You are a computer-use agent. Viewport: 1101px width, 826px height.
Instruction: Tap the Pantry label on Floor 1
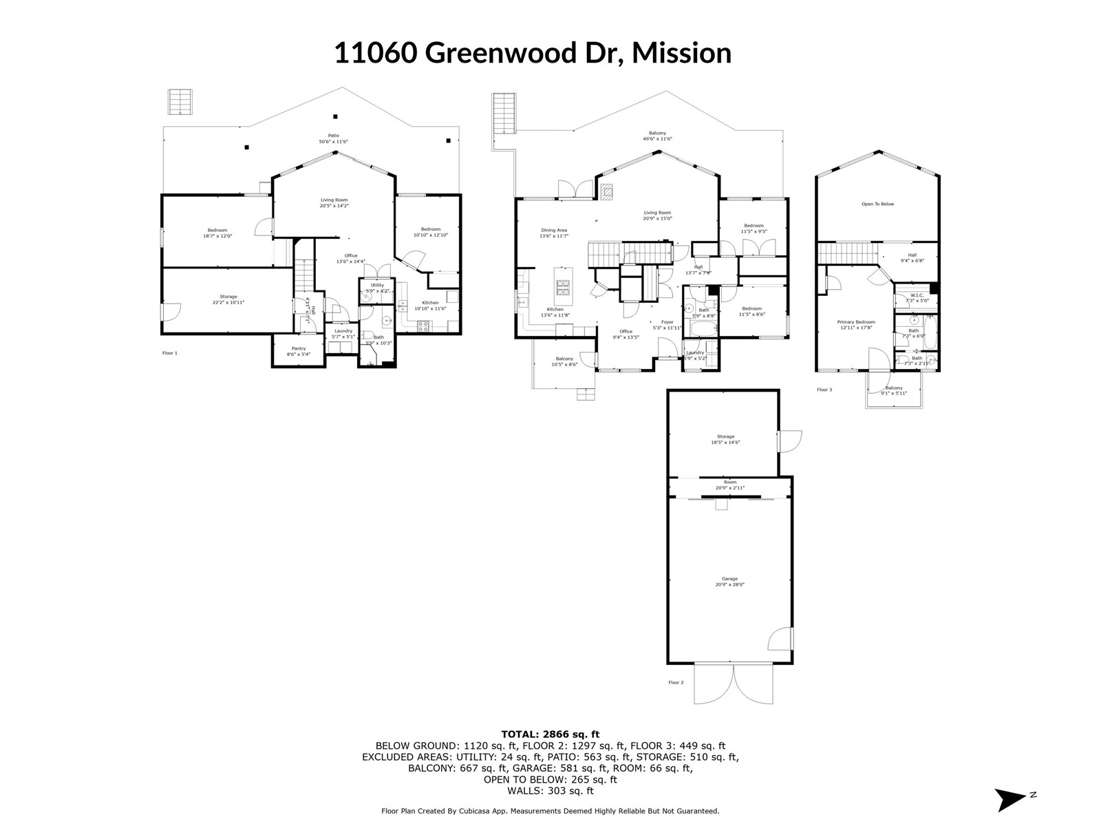coord(298,351)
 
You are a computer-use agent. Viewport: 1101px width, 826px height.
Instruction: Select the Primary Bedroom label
coord(855,325)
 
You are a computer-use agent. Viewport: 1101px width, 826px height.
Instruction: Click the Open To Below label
coord(877,204)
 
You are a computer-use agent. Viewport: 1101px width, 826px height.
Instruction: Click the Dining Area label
coord(553,233)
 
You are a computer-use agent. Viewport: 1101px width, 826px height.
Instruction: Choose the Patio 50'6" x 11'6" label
coord(333,138)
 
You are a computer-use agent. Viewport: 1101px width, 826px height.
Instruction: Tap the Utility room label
coord(377,288)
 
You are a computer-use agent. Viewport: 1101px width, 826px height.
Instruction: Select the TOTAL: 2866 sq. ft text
coord(550,734)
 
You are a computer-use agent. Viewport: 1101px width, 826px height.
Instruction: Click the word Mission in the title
coord(681,53)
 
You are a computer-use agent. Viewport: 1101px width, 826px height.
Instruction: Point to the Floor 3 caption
coord(824,390)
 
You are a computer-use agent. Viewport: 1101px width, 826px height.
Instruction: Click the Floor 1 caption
coord(169,353)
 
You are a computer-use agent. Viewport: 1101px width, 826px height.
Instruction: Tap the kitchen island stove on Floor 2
coord(562,287)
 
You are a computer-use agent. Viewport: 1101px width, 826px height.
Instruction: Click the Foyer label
coord(667,325)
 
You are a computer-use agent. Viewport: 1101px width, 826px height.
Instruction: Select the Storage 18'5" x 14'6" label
coord(725,440)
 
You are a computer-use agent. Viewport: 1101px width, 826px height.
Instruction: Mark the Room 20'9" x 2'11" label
coord(729,485)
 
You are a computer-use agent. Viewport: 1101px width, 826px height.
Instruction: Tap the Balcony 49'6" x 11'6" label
coord(657,136)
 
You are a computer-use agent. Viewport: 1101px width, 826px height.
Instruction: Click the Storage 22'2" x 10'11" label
coord(228,299)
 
